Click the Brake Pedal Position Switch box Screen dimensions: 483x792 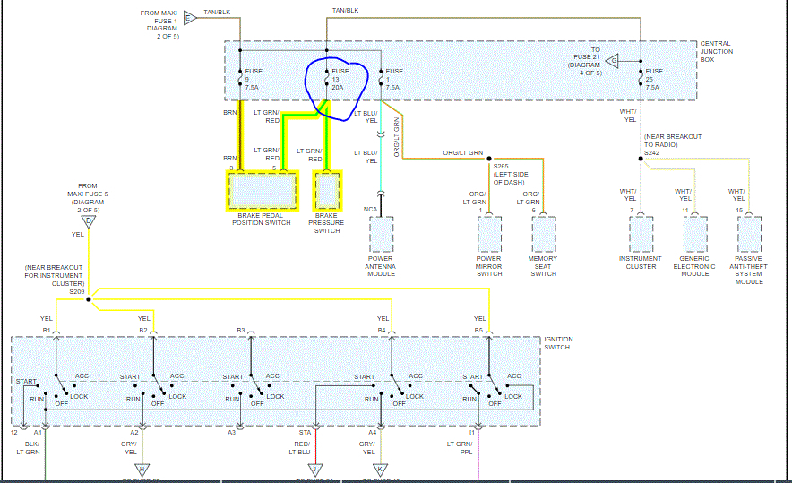pyautogui.click(x=263, y=190)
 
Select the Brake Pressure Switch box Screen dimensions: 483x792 pyautogui.click(x=326, y=190)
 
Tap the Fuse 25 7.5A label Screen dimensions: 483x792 pyautogui.click(x=654, y=80)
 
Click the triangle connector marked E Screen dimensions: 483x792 pyautogui.click(x=188, y=17)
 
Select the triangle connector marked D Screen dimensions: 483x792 pyautogui.click(x=89, y=220)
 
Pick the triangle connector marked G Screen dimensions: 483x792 pyautogui.click(x=612, y=61)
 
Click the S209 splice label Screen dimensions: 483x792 pyautogui.click(x=76, y=291)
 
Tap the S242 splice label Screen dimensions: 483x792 pyautogui.click(x=651, y=153)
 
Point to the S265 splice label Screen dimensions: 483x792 pyautogui.click(x=501, y=166)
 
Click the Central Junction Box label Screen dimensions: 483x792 pyautogui.click(x=716, y=52)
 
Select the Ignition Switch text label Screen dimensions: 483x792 pyautogui.click(x=558, y=344)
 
